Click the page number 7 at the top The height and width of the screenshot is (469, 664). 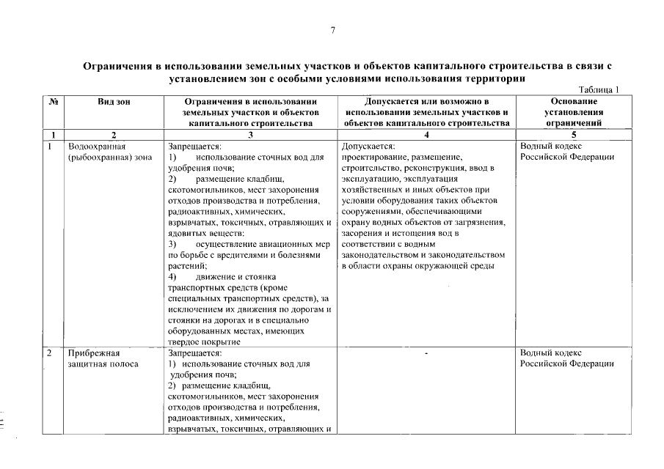332,30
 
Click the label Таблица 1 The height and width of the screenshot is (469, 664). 599,89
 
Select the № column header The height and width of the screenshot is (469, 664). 53,101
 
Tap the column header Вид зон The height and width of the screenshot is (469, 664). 114,101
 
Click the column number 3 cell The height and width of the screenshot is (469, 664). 250,135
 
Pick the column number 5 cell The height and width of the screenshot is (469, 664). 573,135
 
